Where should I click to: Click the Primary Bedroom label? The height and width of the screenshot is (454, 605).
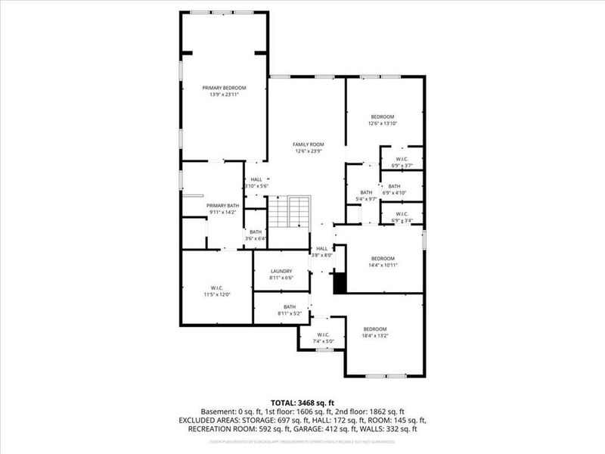(224, 89)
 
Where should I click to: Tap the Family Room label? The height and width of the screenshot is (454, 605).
(309, 144)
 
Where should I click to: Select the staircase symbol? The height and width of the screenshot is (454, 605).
(290, 212)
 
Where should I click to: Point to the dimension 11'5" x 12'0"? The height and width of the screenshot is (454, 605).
(216, 294)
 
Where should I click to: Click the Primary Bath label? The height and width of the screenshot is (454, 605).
(223, 206)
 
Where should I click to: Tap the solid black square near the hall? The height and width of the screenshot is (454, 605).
(340, 282)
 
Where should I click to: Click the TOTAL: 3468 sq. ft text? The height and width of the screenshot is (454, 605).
(302, 402)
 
